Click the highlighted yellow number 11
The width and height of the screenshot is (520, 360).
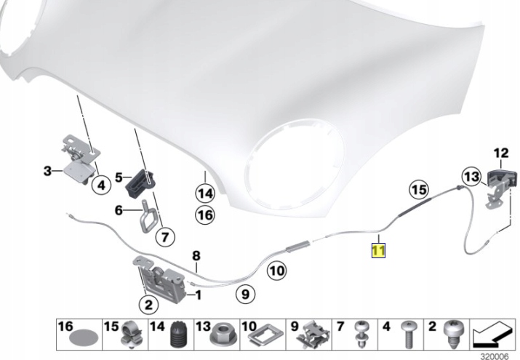pyautogui.click(x=378, y=250)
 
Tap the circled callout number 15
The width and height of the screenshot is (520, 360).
pyautogui.click(x=418, y=190)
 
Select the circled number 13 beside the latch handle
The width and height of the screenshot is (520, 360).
pyautogui.click(x=471, y=177)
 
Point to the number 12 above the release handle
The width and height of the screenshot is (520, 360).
pyautogui.click(x=501, y=153)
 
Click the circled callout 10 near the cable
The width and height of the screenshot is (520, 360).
pyautogui.click(x=277, y=271)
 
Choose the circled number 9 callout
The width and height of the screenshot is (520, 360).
pyautogui.click(x=245, y=294)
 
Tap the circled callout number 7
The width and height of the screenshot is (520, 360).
pyautogui.click(x=165, y=236)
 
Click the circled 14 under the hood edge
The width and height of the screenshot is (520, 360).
pyautogui.click(x=205, y=193)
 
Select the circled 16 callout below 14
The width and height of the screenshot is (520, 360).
pyautogui.click(x=205, y=215)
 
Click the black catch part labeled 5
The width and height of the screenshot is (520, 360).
pyautogui.click(x=141, y=183)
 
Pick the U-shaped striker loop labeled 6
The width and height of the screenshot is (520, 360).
pyautogui.click(x=146, y=217)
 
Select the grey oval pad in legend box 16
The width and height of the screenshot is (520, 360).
pyautogui.click(x=84, y=338)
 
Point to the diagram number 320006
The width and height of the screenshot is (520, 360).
pyautogui.click(x=494, y=356)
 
